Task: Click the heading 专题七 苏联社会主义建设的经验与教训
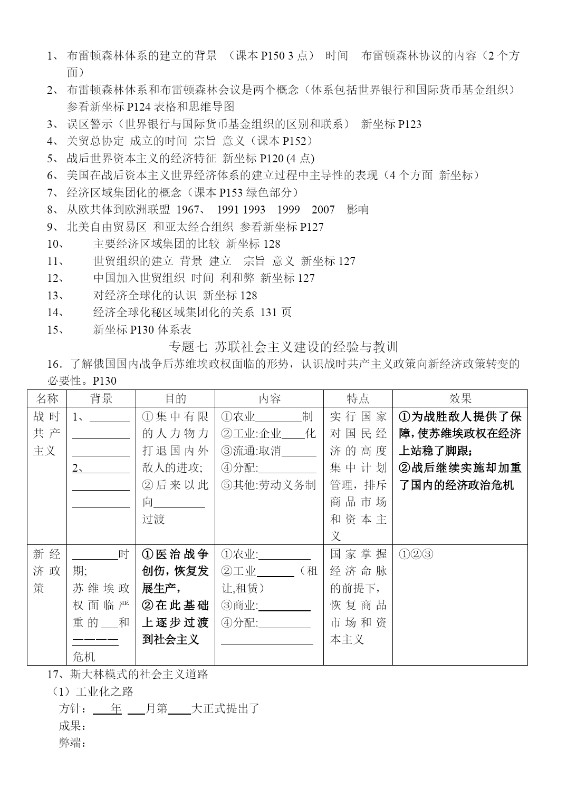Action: pyautogui.click(x=283, y=347)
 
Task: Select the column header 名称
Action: pyautogui.click(x=47, y=398)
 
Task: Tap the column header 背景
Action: pyautogui.click(x=101, y=398)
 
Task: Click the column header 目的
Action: pyautogui.click(x=175, y=398)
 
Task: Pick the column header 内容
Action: pyautogui.click(x=269, y=398)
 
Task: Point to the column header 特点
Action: pyautogui.click(x=358, y=398)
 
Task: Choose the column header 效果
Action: pyautogui.click(x=460, y=398)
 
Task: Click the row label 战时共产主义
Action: pyautogui.click(x=47, y=434)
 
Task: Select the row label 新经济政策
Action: pyautogui.click(x=47, y=571)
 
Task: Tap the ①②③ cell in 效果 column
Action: pyautogui.click(x=416, y=554)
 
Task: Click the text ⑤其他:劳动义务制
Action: pyautogui.click(x=268, y=485)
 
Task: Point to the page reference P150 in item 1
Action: pyautogui.click(x=273, y=55)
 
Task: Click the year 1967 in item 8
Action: pyautogui.click(x=188, y=210)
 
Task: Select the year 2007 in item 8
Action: pyautogui.click(x=323, y=210)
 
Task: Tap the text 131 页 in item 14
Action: pyautogui.click(x=276, y=313)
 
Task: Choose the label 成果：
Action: pyautogui.click(x=72, y=726)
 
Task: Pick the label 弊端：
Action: pyautogui.click(x=72, y=743)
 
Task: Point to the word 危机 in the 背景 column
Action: pyautogui.click(x=84, y=657)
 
